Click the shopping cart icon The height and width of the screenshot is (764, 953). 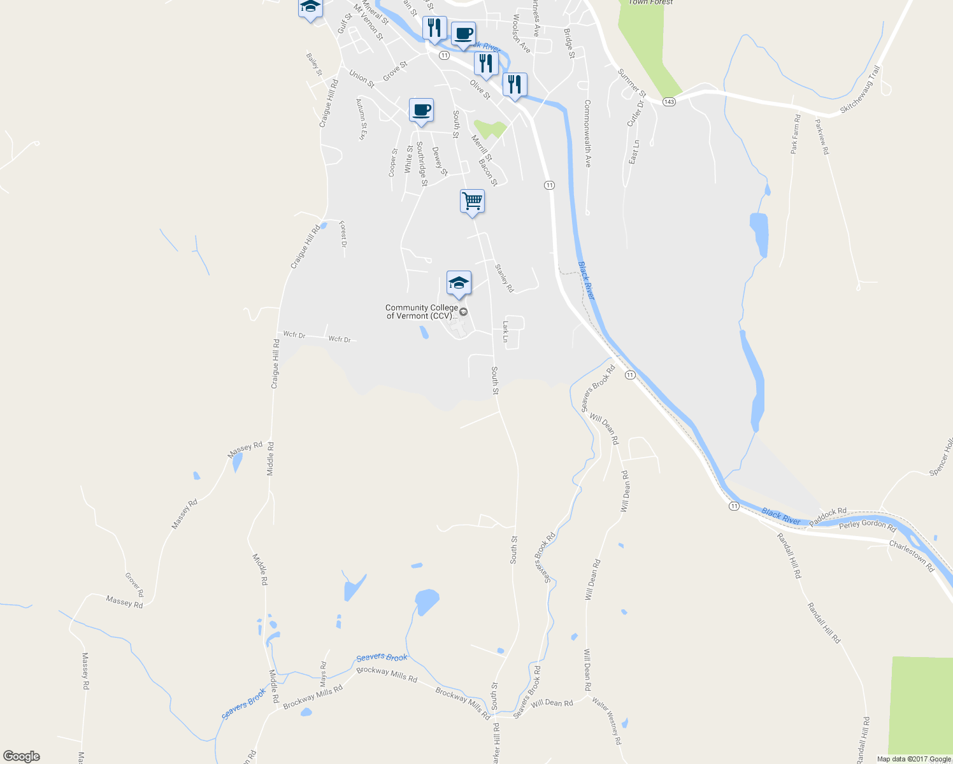click(x=472, y=201)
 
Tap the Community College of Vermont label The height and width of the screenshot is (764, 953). click(x=422, y=311)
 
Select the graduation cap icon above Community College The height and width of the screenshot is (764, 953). click(x=459, y=283)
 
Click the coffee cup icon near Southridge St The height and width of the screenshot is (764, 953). click(x=421, y=110)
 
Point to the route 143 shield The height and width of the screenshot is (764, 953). click(x=668, y=102)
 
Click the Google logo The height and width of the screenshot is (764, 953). click(x=21, y=756)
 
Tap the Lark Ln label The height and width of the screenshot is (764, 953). click(x=505, y=331)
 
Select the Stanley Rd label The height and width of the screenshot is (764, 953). click(x=504, y=278)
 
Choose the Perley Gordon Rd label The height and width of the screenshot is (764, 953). click(x=867, y=525)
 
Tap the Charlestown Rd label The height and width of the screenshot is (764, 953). click(x=911, y=556)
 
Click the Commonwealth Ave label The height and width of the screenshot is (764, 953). click(x=587, y=133)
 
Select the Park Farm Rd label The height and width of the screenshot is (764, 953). click(x=795, y=134)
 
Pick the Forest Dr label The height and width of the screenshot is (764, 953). click(x=343, y=234)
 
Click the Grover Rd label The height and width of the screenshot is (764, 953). click(x=134, y=584)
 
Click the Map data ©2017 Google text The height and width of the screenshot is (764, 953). click(x=914, y=759)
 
